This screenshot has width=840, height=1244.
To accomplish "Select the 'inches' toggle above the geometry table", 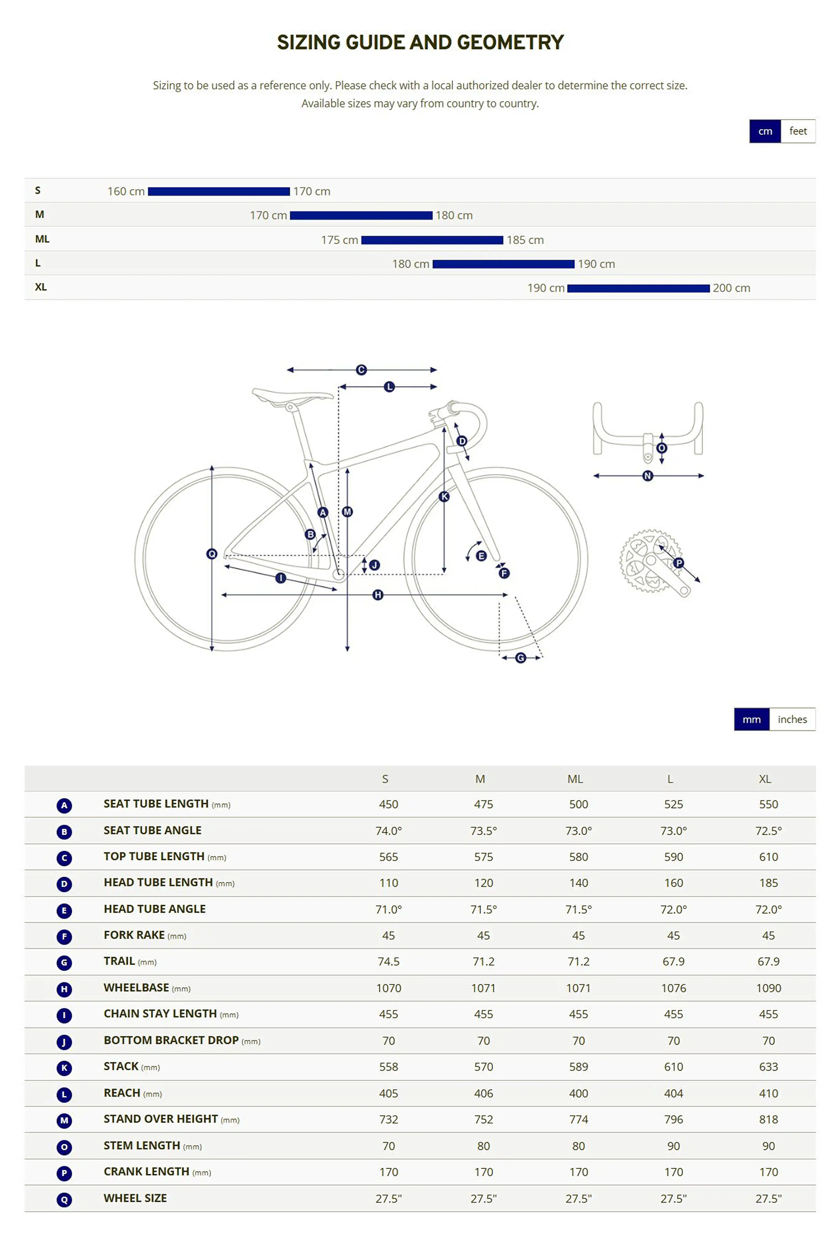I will point(792,719).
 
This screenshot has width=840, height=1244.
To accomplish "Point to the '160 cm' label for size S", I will point(126,191).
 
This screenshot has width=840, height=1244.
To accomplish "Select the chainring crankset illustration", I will point(652,562).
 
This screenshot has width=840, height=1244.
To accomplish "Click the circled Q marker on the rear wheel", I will point(212,554).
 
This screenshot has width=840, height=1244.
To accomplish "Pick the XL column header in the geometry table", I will point(764,779).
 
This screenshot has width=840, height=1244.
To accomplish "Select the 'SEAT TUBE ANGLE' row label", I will point(152,830).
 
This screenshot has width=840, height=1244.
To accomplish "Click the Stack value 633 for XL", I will point(768,1067).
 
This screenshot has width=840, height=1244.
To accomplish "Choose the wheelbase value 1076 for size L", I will point(673,988).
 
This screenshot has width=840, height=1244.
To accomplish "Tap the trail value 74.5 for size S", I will point(388,961).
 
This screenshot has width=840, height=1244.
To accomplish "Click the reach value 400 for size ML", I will point(578,1093).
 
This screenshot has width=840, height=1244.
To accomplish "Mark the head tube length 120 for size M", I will point(483,883).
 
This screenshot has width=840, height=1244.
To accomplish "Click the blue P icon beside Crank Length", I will point(64,1173).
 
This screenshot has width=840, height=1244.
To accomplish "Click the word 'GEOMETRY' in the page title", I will point(510,42).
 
